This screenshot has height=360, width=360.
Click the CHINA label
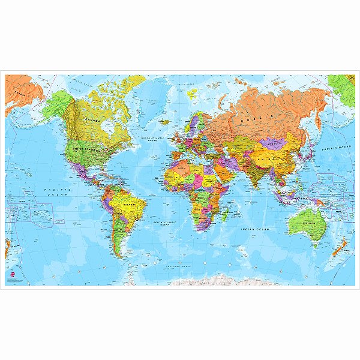point(275,152)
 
